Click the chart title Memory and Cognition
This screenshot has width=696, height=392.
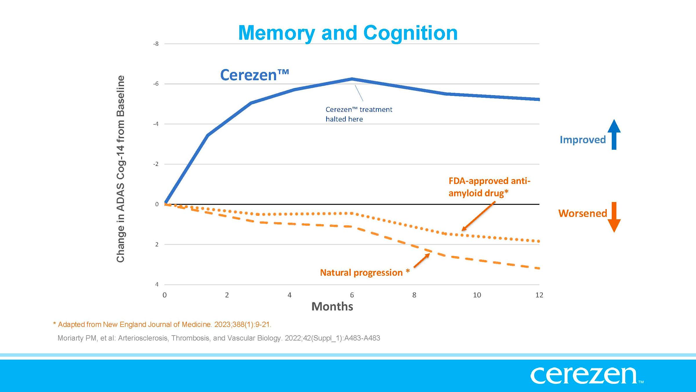[x=348, y=33]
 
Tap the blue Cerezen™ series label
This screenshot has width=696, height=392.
[x=254, y=75]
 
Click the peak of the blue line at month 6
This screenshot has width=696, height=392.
[x=352, y=79]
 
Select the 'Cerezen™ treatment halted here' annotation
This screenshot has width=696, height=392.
[x=359, y=114]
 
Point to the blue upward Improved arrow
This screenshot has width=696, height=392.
[x=614, y=134]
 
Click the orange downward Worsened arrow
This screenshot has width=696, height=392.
[x=614, y=217]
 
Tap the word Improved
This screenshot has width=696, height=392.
[x=582, y=140]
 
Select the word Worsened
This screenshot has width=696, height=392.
[x=582, y=213]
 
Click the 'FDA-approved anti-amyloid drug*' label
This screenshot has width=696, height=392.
[x=489, y=187]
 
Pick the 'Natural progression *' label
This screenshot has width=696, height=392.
[x=365, y=272]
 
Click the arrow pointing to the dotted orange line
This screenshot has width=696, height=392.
[x=478, y=217]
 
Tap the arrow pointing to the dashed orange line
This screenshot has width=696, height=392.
[x=422, y=260]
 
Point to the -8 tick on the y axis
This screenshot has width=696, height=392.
[x=156, y=44]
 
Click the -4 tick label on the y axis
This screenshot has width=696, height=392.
[x=156, y=124]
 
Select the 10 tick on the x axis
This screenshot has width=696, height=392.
[x=477, y=295]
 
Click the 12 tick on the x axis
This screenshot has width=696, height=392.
[x=539, y=295]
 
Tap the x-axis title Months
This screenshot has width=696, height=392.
[x=332, y=307]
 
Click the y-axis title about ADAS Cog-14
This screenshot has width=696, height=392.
[x=121, y=169]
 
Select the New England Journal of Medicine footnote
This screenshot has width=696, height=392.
[x=162, y=324]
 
